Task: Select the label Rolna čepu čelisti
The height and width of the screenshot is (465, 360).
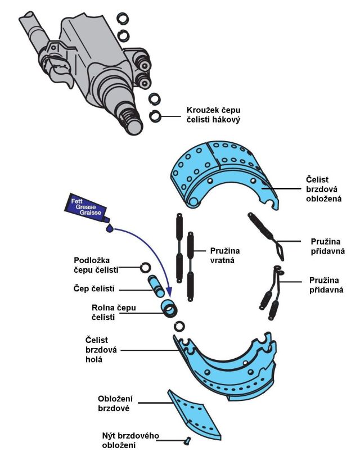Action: click(x=111, y=312)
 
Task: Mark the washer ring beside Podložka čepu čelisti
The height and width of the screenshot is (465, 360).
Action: click(x=145, y=267)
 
